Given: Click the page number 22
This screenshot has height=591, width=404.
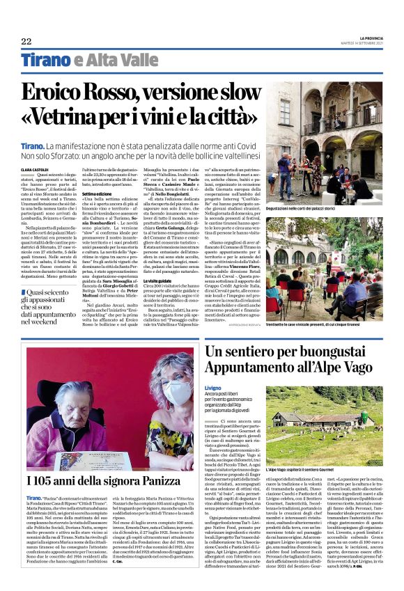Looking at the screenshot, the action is point(26,42).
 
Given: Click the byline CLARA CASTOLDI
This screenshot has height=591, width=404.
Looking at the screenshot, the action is point(35,169).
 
